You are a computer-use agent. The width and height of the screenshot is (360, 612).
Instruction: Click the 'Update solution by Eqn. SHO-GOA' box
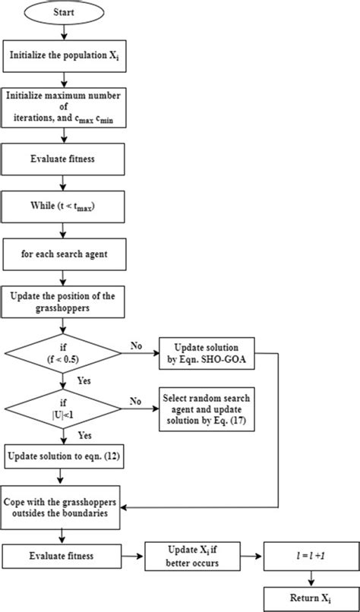tap(204, 352)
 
